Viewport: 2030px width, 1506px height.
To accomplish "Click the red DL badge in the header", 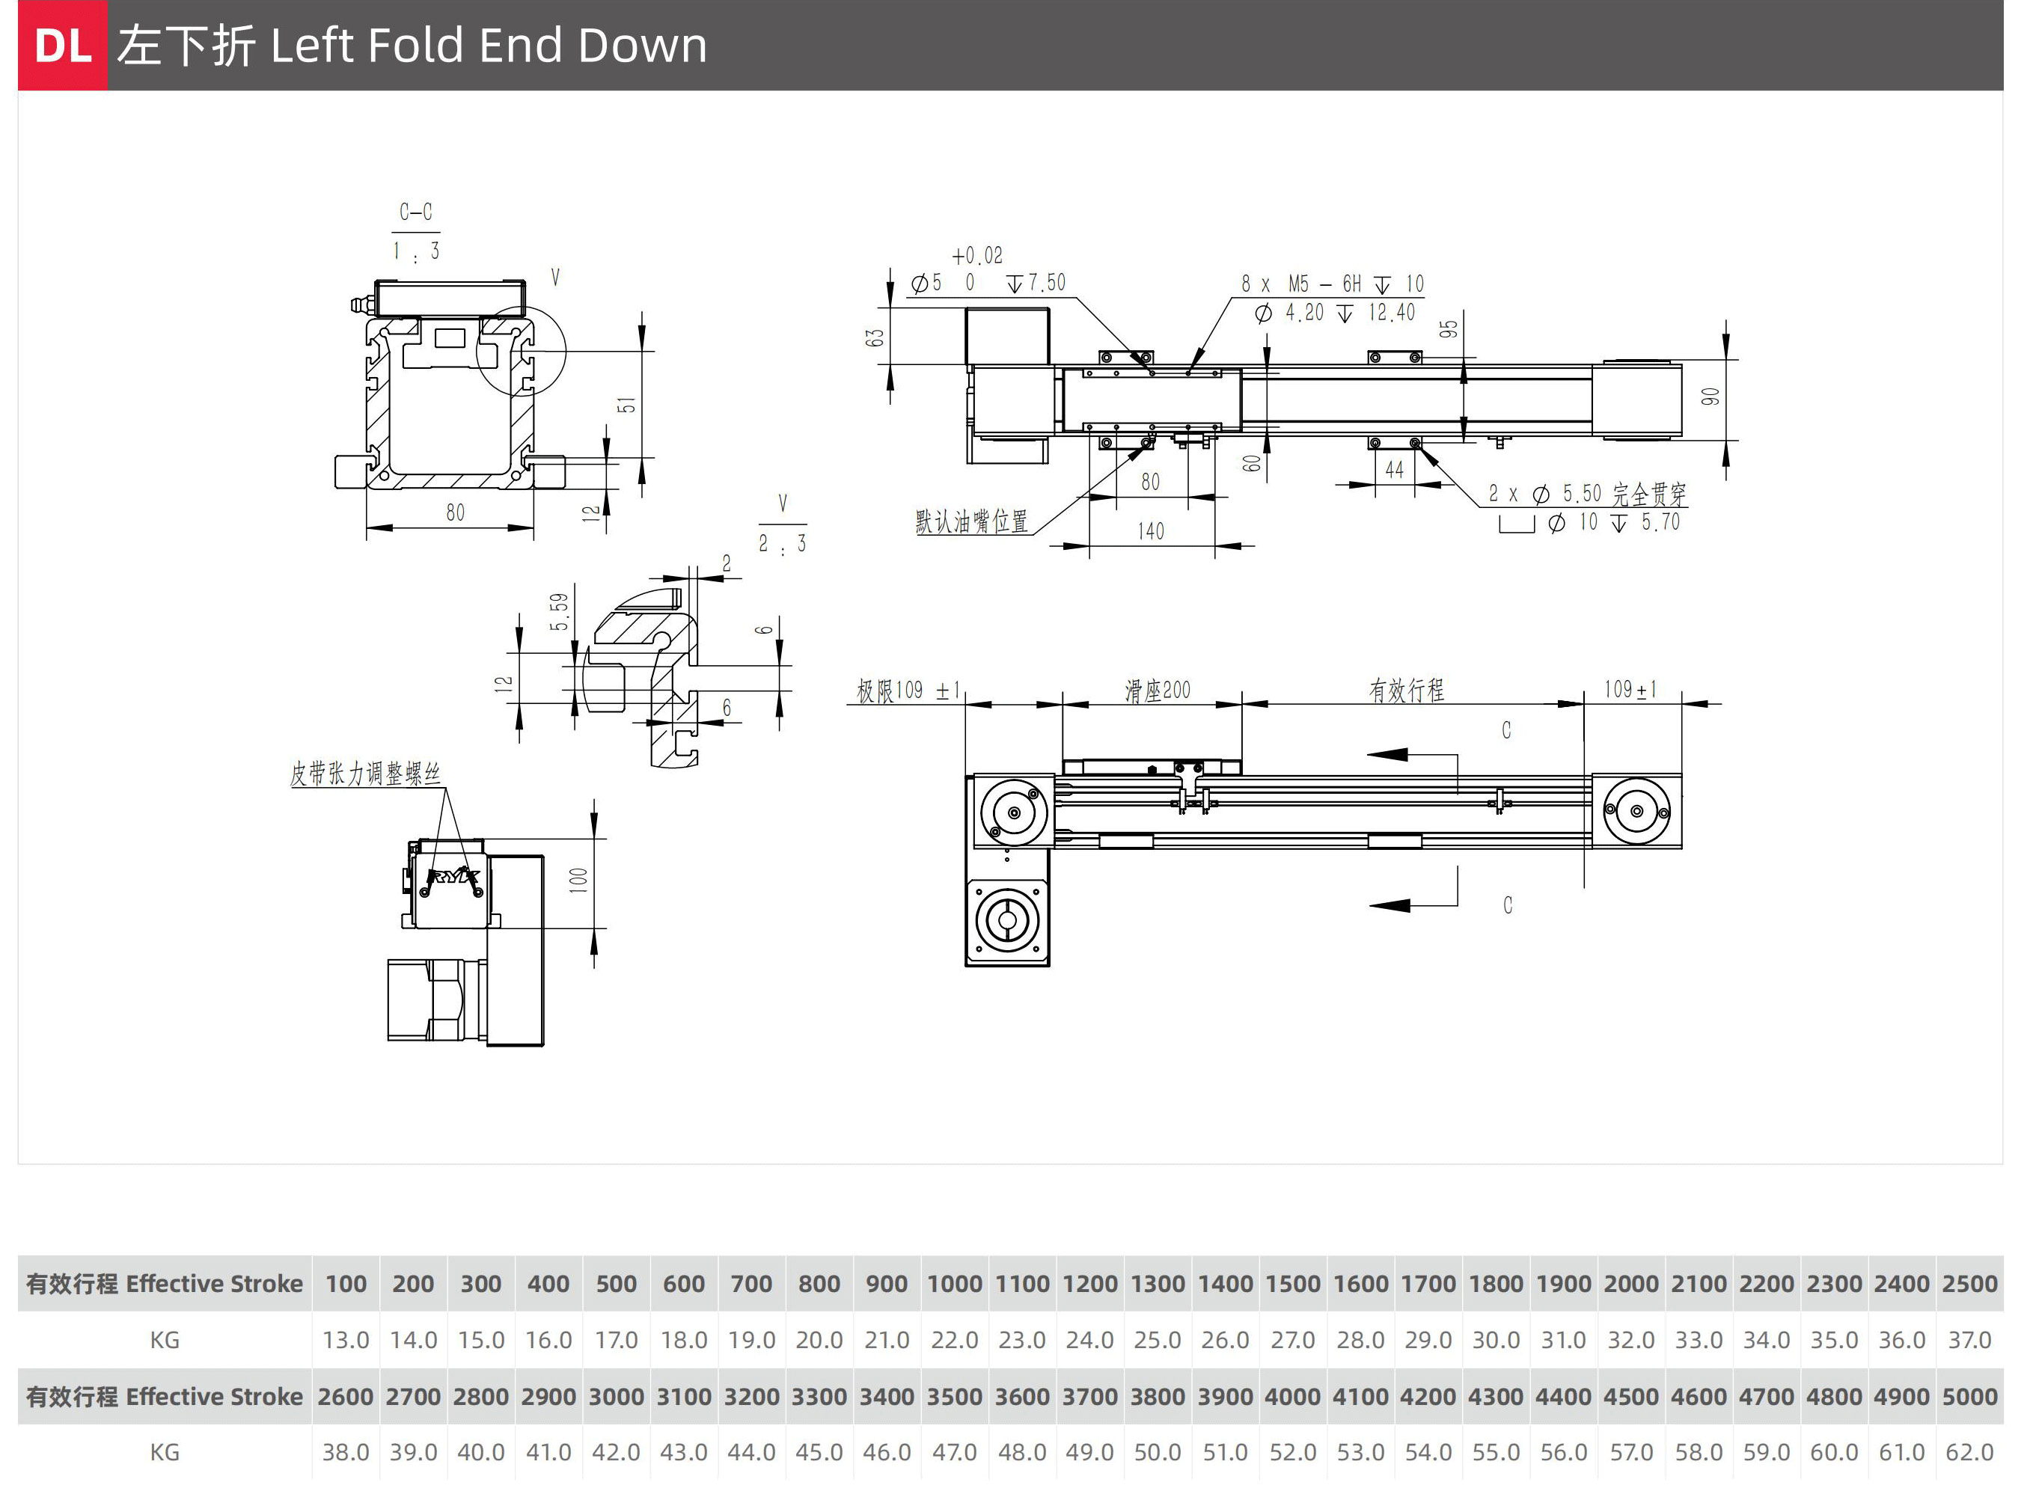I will click(x=62, y=46).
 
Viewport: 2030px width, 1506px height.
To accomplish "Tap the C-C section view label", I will click(x=416, y=212).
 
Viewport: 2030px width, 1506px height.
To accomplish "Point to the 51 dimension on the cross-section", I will click(x=626, y=405).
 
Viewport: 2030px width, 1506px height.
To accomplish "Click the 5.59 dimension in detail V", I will click(x=559, y=612).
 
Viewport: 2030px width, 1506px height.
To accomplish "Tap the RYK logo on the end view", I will click(x=453, y=878).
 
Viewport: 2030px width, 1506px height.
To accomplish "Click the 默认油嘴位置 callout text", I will click(x=972, y=521).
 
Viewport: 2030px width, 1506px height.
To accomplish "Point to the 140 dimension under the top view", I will click(x=1150, y=531).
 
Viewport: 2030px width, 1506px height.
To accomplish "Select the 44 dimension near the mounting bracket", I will click(x=1394, y=471).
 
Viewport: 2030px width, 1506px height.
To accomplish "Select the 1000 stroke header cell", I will click(x=954, y=1284).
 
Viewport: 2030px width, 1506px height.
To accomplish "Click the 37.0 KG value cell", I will click(x=1969, y=1340).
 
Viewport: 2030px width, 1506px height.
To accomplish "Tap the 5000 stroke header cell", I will click(x=1969, y=1397).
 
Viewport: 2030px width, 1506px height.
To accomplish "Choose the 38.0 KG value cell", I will click(x=346, y=1452).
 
